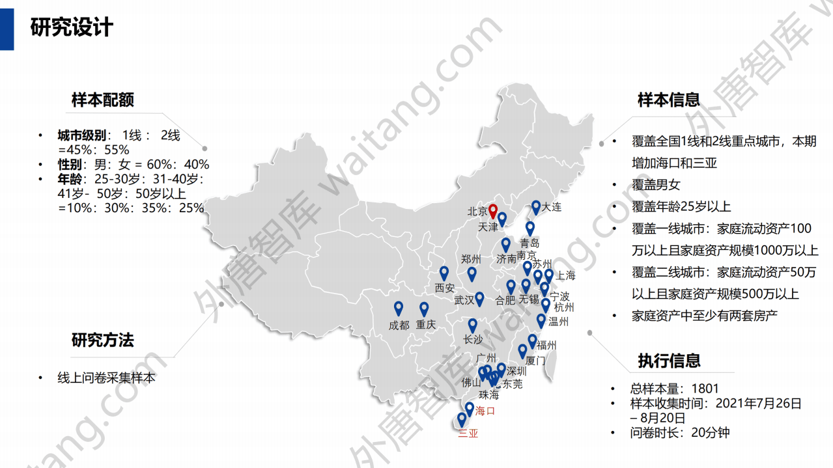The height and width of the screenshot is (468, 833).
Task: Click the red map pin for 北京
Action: pos(493,211)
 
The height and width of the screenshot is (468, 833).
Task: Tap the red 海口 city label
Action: pos(485,411)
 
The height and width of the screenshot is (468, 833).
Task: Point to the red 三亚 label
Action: pos(468,434)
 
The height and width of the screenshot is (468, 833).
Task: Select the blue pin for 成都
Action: pos(398,309)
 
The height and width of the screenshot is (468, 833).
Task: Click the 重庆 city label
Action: pos(426,325)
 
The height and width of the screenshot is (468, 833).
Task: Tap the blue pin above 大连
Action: pos(536,207)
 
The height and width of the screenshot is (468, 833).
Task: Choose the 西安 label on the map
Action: pos(445,288)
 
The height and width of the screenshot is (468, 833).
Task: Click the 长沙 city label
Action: pos(473,340)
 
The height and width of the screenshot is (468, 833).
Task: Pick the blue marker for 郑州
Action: pos(472,273)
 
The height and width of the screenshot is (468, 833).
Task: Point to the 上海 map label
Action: pos(565,275)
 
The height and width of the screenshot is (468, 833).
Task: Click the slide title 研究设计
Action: pos(72,27)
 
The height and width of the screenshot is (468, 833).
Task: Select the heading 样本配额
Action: pos(103,100)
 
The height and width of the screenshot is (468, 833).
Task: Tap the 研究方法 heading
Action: pos(103,340)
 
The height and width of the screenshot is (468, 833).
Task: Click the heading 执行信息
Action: pos(669,360)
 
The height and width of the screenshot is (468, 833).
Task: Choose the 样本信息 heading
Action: pos(669,100)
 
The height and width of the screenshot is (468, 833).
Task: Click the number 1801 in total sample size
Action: pos(705,389)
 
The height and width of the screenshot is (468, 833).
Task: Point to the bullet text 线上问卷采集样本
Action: pos(107,378)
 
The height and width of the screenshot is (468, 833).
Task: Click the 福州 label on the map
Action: pos(547,346)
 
